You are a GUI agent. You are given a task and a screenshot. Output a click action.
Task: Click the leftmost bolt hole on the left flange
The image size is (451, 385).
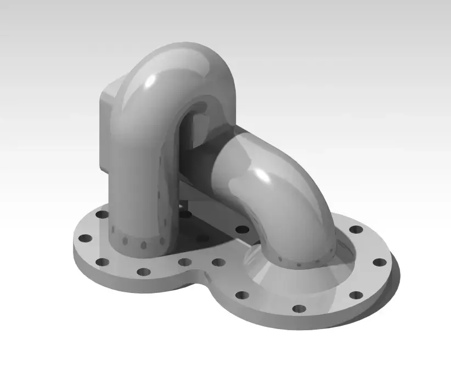coord(84,239)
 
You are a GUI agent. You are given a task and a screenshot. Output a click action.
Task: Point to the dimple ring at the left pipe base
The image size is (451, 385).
coord(140,241)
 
